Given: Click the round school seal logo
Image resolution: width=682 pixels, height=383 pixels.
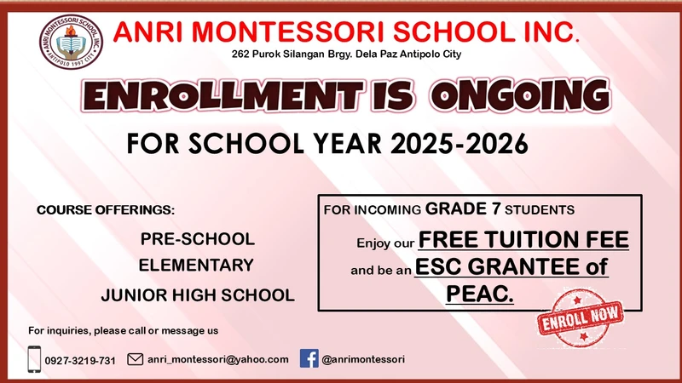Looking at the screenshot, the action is [71, 42].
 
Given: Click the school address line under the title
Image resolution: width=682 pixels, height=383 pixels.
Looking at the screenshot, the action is [346, 54].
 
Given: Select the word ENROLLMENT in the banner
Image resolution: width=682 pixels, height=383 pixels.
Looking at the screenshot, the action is [223, 95].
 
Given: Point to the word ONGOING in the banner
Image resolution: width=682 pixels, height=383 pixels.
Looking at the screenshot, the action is [521, 95].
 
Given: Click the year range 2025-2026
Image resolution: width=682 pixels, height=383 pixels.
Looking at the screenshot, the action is [459, 143].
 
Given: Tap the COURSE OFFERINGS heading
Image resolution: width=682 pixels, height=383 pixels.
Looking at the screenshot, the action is [105, 210].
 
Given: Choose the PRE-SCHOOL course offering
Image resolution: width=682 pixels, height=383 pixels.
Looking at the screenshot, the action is [198, 239].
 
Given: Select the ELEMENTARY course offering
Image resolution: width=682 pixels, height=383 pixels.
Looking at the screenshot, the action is [196, 266].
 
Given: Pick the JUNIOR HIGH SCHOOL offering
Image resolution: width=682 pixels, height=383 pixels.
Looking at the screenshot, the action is [198, 295].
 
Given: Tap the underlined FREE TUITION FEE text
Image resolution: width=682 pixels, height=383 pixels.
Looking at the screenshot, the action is [523, 240].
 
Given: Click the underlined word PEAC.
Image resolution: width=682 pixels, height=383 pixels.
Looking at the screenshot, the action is [480, 294].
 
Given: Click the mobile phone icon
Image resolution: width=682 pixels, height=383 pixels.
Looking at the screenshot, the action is [34, 359].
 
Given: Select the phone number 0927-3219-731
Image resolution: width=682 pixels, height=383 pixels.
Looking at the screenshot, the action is [80, 360].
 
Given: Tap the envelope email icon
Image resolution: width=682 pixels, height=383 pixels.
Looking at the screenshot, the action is [136, 359].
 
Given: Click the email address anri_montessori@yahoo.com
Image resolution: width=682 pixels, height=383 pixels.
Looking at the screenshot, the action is [218, 359].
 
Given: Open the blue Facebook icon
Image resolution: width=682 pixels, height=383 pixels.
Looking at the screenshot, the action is [309, 358].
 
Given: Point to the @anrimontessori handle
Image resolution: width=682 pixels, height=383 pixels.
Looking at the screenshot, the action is [363, 359].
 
